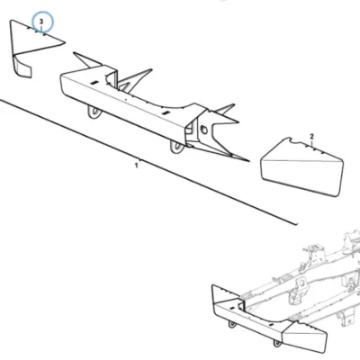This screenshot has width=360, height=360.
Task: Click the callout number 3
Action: [x=41, y=22]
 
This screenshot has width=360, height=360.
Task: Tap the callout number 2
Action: [x=311, y=137]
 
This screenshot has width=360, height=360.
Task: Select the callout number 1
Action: [x=137, y=166]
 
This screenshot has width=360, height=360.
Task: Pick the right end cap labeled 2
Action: [x=301, y=166]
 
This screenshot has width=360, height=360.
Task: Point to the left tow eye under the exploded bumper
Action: [x=94, y=112]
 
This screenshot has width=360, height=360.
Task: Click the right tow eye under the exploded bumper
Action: [x=176, y=148]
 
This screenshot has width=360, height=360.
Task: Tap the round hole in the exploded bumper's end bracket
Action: [x=204, y=130]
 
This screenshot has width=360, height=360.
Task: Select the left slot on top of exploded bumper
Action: [x=94, y=83]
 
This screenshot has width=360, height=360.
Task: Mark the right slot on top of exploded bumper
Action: [x=166, y=112]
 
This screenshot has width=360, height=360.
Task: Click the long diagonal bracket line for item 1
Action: [x=148, y=162]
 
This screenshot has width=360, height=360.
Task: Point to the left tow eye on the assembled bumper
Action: [x=232, y=324]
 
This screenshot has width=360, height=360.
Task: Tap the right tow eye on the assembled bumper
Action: [x=276, y=343]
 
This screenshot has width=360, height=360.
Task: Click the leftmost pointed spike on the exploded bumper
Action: [x=86, y=59]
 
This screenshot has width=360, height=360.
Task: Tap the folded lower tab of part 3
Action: [x=24, y=68]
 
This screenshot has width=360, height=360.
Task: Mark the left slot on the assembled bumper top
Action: [x=231, y=309]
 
